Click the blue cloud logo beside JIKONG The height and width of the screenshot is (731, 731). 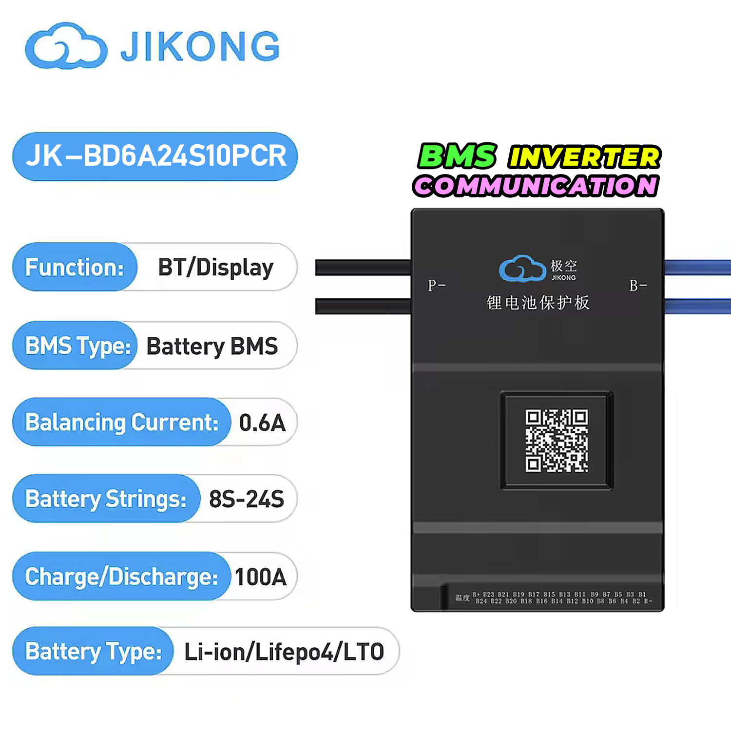pos(66,46)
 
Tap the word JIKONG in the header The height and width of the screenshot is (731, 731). pos(200,47)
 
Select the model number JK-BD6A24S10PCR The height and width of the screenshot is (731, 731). pos(155,156)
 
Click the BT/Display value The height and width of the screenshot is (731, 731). pos(215,268)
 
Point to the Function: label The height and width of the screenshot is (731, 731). pos(75,267)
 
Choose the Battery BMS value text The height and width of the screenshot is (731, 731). pos(212,346)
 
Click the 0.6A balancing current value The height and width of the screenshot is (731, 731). pos(262,423)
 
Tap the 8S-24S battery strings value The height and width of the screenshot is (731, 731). pos(247,499)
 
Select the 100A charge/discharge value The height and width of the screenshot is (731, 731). pos(261,577)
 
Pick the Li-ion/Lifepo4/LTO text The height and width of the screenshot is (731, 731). pos(284,652)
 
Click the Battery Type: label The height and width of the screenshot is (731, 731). pos(93,652)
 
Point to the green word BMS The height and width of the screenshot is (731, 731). pos(457,156)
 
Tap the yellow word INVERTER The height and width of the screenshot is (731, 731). pos(584,157)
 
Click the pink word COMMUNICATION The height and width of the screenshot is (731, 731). pos(536,186)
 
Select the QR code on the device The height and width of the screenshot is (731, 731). pos(557,441)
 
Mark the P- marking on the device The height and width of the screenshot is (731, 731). pos(436,285)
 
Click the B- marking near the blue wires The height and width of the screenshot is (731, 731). pos(637,286)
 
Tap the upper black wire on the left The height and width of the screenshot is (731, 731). pos(363,268)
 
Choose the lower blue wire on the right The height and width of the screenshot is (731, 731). pos(697,306)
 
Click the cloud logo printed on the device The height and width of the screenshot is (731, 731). pos(522,269)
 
